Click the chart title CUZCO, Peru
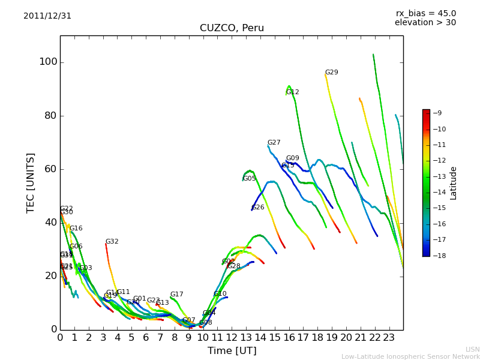[232, 28]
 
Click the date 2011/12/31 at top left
[47, 16]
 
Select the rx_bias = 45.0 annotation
[425, 13]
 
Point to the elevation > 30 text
[425, 23]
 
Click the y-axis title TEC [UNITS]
[31, 182]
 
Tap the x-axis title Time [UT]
[232, 351]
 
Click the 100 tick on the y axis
[48, 62]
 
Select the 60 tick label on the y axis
[50, 169]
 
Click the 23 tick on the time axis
[389, 337]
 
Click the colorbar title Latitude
[454, 183]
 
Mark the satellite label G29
[331, 73]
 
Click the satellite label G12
[292, 92]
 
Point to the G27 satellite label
[274, 143]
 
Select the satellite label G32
[112, 242]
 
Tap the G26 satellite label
[257, 208]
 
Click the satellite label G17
[176, 295]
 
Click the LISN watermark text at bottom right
[472, 349]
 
